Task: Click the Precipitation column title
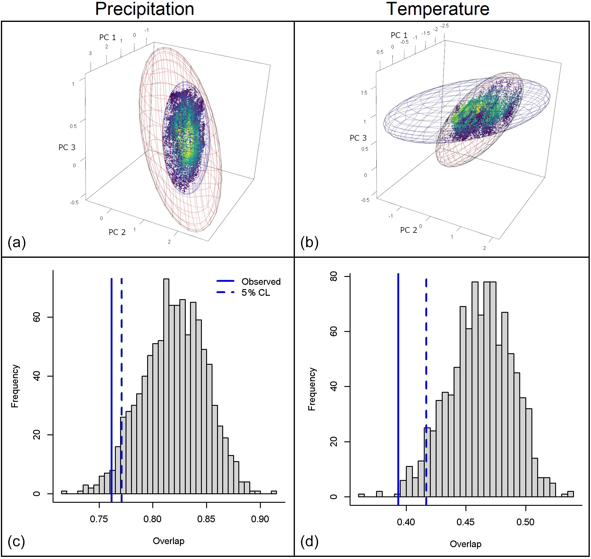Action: (x=144, y=9)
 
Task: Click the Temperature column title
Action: (x=438, y=9)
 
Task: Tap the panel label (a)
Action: (x=17, y=243)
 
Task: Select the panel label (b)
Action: (x=309, y=243)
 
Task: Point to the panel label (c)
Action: (x=16, y=542)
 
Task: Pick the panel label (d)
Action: (x=309, y=542)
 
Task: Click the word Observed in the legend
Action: (x=261, y=282)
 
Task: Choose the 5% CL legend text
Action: (x=256, y=293)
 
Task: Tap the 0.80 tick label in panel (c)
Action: (x=152, y=519)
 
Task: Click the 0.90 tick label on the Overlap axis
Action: (x=260, y=519)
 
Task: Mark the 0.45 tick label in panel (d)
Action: (x=465, y=522)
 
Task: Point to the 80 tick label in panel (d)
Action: (x=334, y=277)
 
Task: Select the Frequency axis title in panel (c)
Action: (x=15, y=386)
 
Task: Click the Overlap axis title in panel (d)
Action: (x=465, y=544)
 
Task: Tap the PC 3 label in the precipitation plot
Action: (x=67, y=147)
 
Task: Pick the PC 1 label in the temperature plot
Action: (x=399, y=35)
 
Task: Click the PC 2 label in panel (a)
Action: (x=117, y=232)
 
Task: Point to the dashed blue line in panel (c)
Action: (x=121, y=365)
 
